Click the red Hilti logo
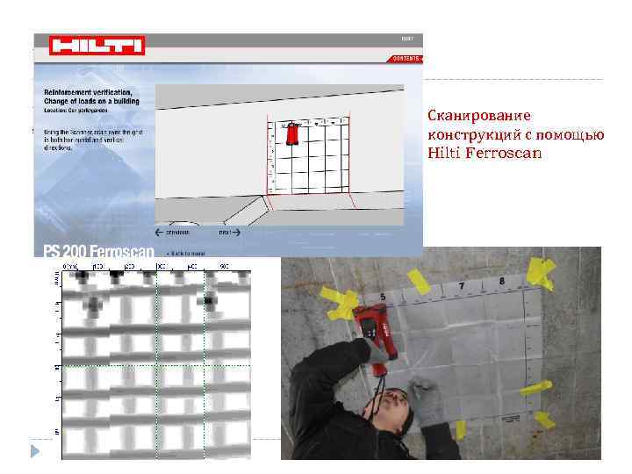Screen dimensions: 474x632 point(97,45)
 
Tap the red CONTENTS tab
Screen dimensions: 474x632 point(406,57)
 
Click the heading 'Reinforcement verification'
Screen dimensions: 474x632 point(88,91)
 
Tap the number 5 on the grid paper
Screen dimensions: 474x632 point(384,296)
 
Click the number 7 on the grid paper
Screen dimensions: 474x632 point(462,287)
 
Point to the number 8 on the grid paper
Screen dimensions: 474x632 point(501,282)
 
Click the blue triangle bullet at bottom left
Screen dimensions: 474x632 point(35,451)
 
